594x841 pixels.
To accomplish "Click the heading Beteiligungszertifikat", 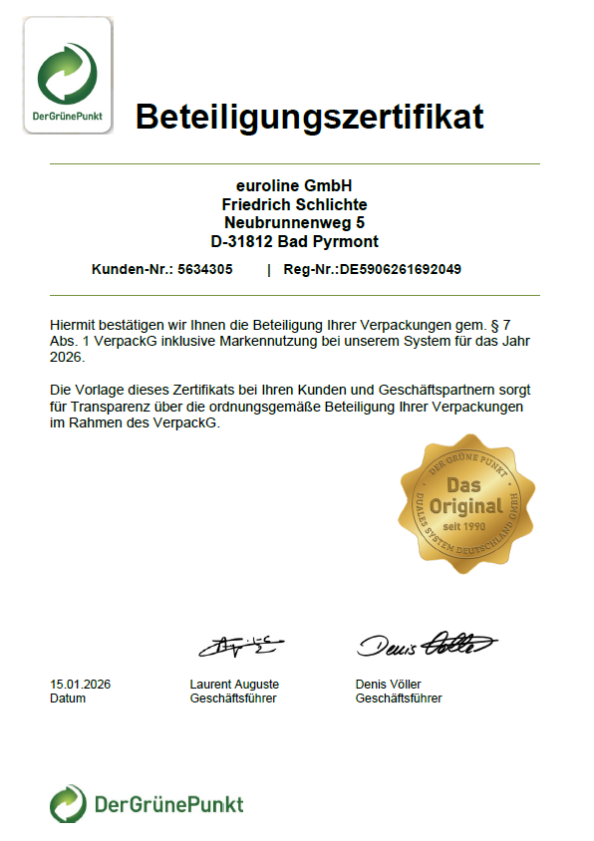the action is pos(309,117).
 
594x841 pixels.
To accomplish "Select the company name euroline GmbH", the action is pos(294,185).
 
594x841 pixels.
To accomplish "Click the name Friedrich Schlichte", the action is pos(294,204).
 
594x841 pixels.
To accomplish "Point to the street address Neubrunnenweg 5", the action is pos(294,222).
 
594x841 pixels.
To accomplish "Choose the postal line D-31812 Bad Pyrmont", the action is pos(294,241).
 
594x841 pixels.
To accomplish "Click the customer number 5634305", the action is pos(204,269).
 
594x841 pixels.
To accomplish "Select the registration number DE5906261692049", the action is pos(401,269).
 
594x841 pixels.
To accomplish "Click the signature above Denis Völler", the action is pos(426,645).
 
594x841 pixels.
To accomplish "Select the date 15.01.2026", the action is pos(80,685).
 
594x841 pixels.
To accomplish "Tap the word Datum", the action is pos(68,699).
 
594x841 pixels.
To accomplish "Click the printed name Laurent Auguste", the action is pos(234,685).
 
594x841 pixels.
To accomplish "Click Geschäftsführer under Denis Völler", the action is pos(399,699).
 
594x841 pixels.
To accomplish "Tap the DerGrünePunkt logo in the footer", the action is pos(147,803).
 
